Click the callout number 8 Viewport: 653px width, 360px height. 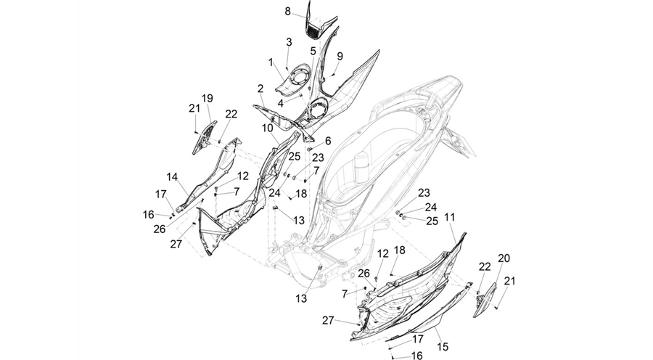(x=288, y=12)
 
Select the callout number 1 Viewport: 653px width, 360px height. (x=271, y=62)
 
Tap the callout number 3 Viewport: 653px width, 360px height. (x=289, y=42)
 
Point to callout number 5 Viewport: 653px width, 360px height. (x=281, y=102)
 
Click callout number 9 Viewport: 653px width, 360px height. (x=313, y=52)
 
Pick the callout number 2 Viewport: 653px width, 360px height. (x=328, y=142)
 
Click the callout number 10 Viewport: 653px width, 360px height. (x=268, y=128)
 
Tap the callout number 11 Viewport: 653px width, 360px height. (x=450, y=217)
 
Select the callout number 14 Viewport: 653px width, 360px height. (x=172, y=176)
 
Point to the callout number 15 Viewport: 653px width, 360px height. (x=443, y=346)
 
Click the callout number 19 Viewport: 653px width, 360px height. (x=208, y=99)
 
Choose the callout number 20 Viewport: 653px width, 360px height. (x=504, y=258)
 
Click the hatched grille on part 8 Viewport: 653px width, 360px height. (x=317, y=31)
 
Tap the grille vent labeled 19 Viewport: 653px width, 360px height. (x=204, y=137)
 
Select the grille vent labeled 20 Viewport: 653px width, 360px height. (x=486, y=300)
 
